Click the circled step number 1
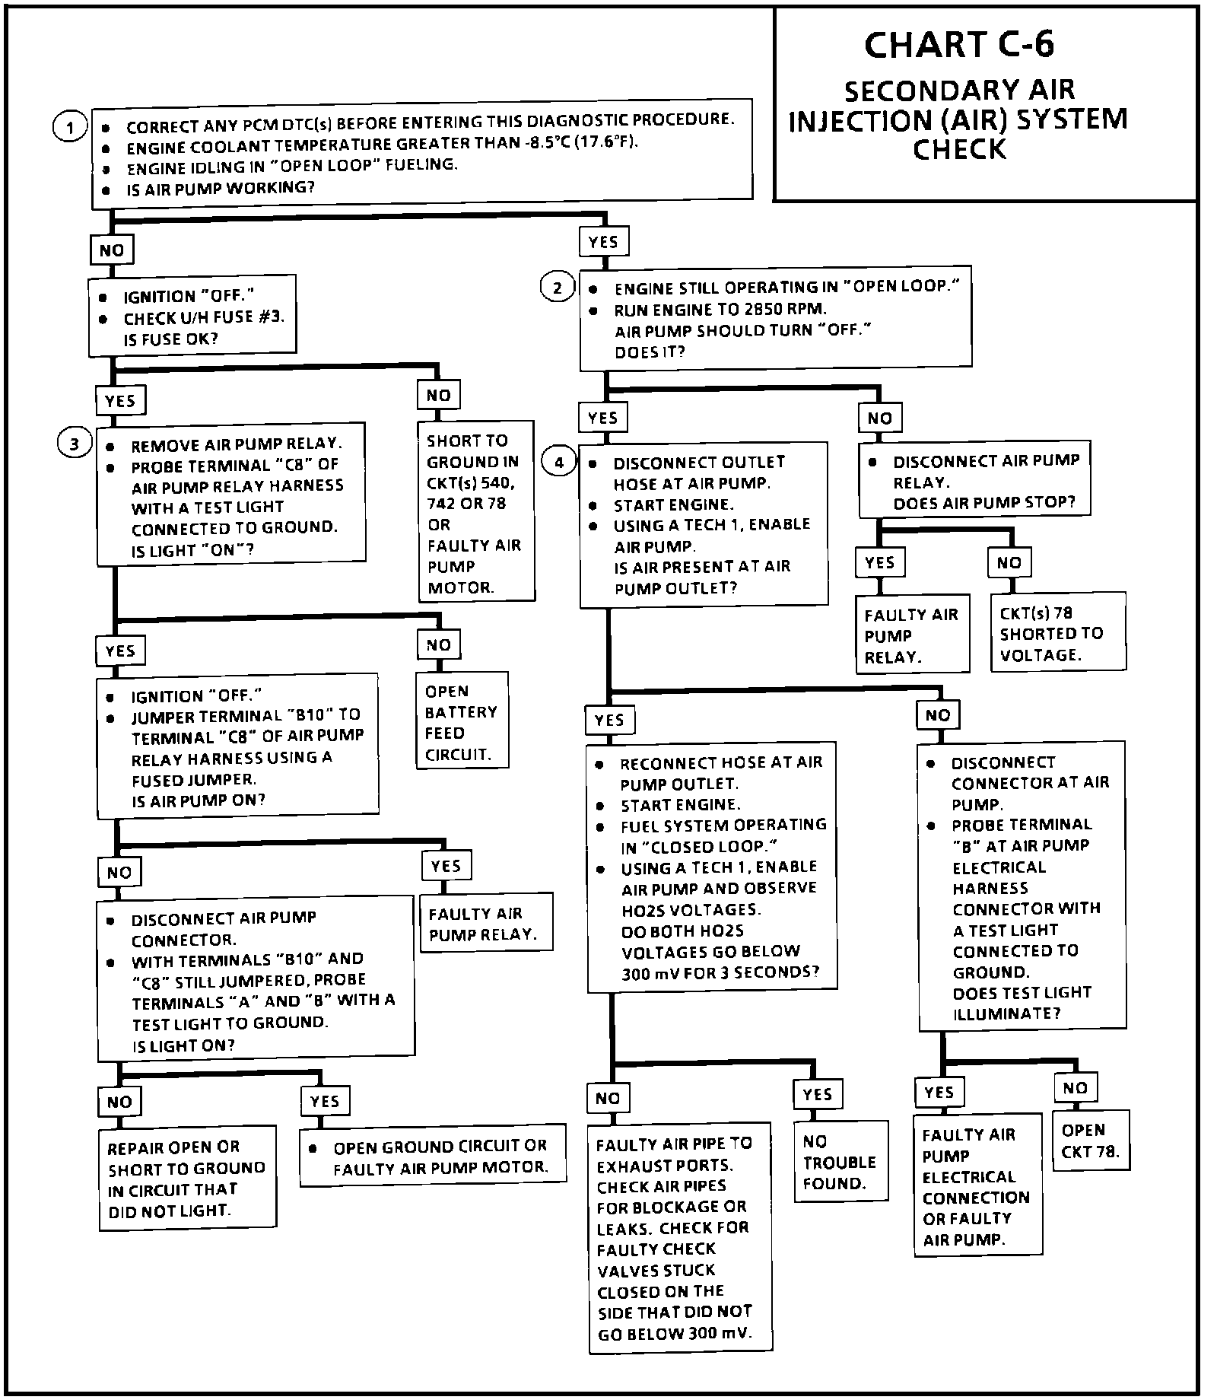click(70, 127)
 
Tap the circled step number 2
click(558, 288)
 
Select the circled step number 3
click(74, 444)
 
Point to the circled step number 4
click(559, 462)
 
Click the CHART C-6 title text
click(959, 46)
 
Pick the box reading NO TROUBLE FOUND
click(840, 1162)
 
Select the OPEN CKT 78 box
click(1090, 1141)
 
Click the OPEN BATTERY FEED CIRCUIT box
click(462, 722)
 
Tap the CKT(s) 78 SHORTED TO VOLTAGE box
click(1057, 633)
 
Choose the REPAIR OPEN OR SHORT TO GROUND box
click(186, 1178)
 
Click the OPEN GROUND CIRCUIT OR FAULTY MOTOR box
click(433, 1156)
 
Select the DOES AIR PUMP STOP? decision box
click(974, 481)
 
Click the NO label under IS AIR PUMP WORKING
click(112, 250)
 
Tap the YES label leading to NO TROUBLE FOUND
click(817, 1094)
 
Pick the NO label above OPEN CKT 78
click(1075, 1088)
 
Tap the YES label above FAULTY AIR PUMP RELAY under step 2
click(879, 563)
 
